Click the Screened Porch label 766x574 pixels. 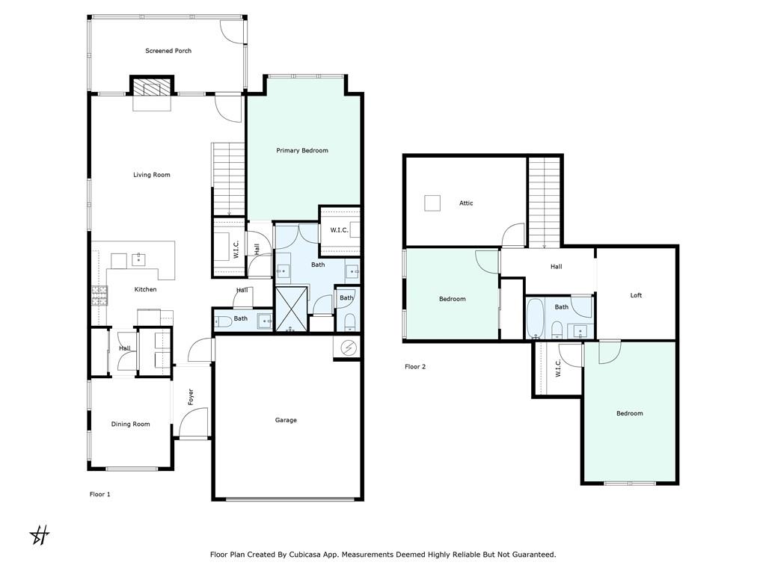tap(168, 51)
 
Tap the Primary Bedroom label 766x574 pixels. tap(302, 150)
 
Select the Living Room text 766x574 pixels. tap(151, 175)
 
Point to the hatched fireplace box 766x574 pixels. tap(152, 87)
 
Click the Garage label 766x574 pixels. tap(286, 420)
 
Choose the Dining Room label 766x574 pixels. tap(130, 425)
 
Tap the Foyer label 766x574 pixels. tap(191, 397)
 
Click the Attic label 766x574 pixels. tap(466, 203)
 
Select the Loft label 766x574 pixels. tap(636, 295)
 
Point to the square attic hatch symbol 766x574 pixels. tap(432, 203)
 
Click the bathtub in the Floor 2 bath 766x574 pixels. tap(535, 318)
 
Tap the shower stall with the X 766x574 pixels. tap(292, 309)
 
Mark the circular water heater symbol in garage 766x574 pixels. tap(349, 348)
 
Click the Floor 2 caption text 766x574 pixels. tap(415, 366)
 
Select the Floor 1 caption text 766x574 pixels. tap(99, 495)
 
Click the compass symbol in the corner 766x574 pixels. tap(40, 535)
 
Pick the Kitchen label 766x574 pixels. tap(146, 289)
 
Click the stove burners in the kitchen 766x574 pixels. tap(99, 296)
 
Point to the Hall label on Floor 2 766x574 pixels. tap(556, 267)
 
